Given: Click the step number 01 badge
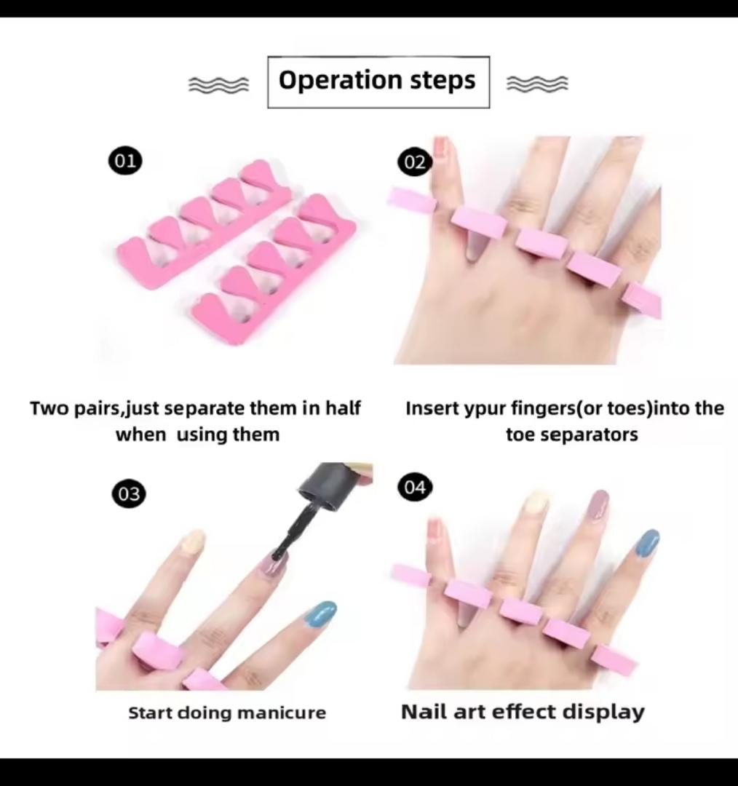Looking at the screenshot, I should (x=125, y=160).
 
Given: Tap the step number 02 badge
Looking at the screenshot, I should (x=414, y=162).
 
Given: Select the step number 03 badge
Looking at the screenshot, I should (x=128, y=494).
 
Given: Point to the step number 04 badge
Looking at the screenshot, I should (x=414, y=487).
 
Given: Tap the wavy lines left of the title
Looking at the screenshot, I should (x=218, y=84).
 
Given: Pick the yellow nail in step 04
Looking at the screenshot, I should (x=536, y=501).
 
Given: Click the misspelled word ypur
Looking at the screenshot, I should (x=487, y=408).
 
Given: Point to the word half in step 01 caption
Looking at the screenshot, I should (x=341, y=408).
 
